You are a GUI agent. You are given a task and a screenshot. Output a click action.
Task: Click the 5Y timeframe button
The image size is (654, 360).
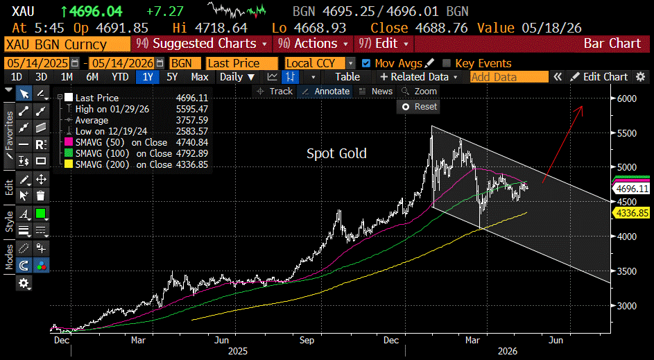pyautogui.click(x=172, y=77)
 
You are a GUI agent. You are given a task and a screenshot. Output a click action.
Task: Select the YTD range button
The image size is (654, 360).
pyautogui.click(x=120, y=77)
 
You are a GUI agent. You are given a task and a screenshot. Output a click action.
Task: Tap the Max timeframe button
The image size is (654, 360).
pyautogui.click(x=200, y=77)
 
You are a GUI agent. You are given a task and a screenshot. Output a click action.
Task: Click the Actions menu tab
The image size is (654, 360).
pyautogui.click(x=313, y=44)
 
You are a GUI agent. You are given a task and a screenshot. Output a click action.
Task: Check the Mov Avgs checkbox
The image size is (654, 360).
pyautogui.click(x=366, y=63)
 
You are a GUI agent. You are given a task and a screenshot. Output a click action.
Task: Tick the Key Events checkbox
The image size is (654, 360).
pyautogui.click(x=447, y=63)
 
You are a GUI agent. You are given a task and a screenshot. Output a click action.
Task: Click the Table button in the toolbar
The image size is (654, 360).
pyautogui.click(x=347, y=77)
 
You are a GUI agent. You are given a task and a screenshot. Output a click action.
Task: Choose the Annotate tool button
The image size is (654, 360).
pyautogui.click(x=326, y=92)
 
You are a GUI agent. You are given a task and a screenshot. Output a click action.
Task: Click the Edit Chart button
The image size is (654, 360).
pyautogui.click(x=600, y=77)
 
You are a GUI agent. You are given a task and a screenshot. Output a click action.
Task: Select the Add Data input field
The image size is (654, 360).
pyautogui.click(x=509, y=77)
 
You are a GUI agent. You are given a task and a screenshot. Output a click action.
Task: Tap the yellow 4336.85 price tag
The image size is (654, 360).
pyautogui.click(x=633, y=213)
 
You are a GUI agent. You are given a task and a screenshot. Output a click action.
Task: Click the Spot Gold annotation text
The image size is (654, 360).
pyautogui.click(x=336, y=153)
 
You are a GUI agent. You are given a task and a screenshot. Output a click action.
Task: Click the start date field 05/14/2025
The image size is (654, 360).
pyautogui.click(x=38, y=63)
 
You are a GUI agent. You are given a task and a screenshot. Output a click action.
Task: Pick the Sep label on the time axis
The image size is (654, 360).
pyautogui.click(x=307, y=341)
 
